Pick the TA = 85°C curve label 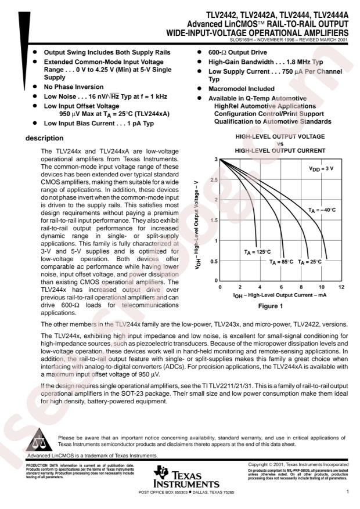tap(281, 262)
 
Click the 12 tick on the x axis tap(341, 287)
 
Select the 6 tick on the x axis tap(280, 287)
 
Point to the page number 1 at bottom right tap(346, 492)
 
